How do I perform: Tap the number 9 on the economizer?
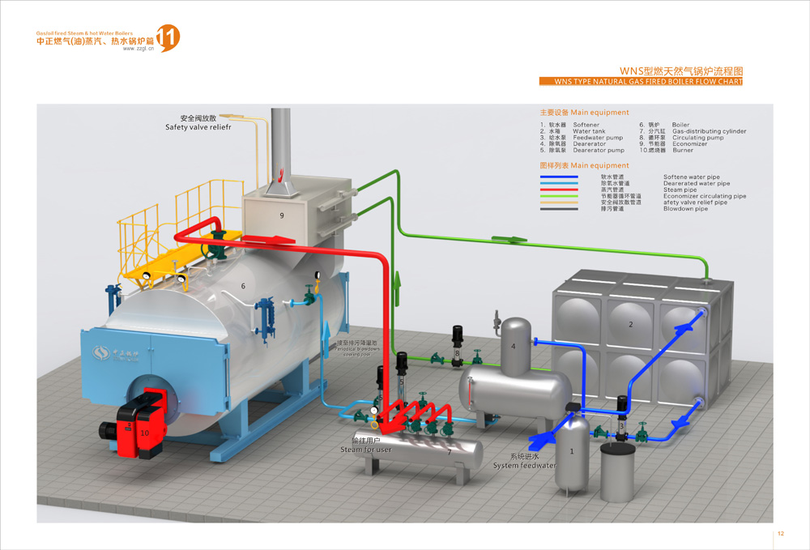coord(281,215)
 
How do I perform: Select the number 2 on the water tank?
coord(630,324)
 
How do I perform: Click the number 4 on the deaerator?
coord(513,347)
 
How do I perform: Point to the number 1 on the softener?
coord(572,451)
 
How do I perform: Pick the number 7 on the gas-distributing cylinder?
coord(449,452)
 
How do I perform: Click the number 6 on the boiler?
coord(243,286)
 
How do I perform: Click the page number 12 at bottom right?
coord(781,534)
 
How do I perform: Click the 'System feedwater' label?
coord(525,466)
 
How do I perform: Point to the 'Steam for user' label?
coord(365,450)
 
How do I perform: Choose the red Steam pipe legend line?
coord(559,190)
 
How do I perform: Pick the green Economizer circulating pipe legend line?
coord(559,196)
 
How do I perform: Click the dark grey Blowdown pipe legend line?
coord(559,209)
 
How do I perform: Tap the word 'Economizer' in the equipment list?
coord(688,144)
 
